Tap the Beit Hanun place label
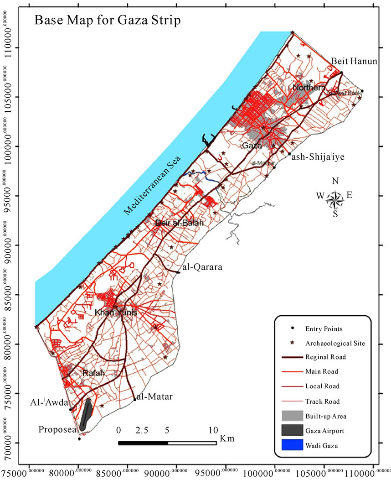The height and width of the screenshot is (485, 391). (x=354, y=61)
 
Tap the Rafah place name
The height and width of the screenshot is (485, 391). (x=93, y=373)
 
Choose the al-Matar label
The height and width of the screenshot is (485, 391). (x=154, y=397)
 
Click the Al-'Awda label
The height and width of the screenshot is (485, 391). (x=49, y=403)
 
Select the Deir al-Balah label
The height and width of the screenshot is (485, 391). (x=179, y=223)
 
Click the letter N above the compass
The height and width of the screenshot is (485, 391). (x=335, y=181)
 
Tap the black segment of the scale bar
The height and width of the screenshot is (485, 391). (x=143, y=443)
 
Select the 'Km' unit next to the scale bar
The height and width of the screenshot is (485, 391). (x=227, y=439)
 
